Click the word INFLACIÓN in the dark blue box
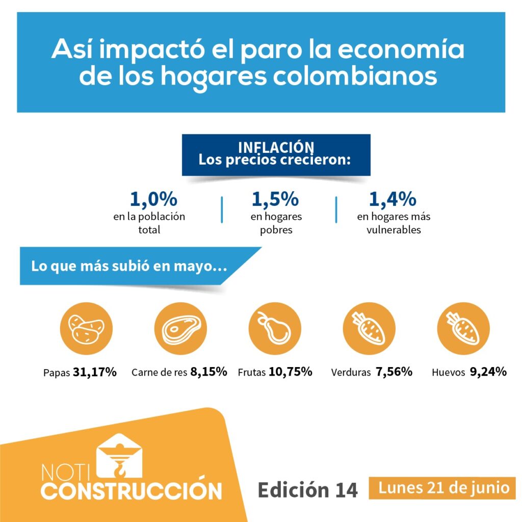coord(276,147)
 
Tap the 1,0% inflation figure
coord(153,199)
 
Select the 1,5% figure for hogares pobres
coord(275,199)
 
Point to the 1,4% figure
coord(393,199)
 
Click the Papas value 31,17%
coord(95,372)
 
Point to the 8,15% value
coord(208,372)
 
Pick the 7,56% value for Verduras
coord(394,372)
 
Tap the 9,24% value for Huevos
coord(488,372)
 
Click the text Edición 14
coord(307,489)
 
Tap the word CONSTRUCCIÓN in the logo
coord(132,490)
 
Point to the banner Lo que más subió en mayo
coord(129,266)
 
